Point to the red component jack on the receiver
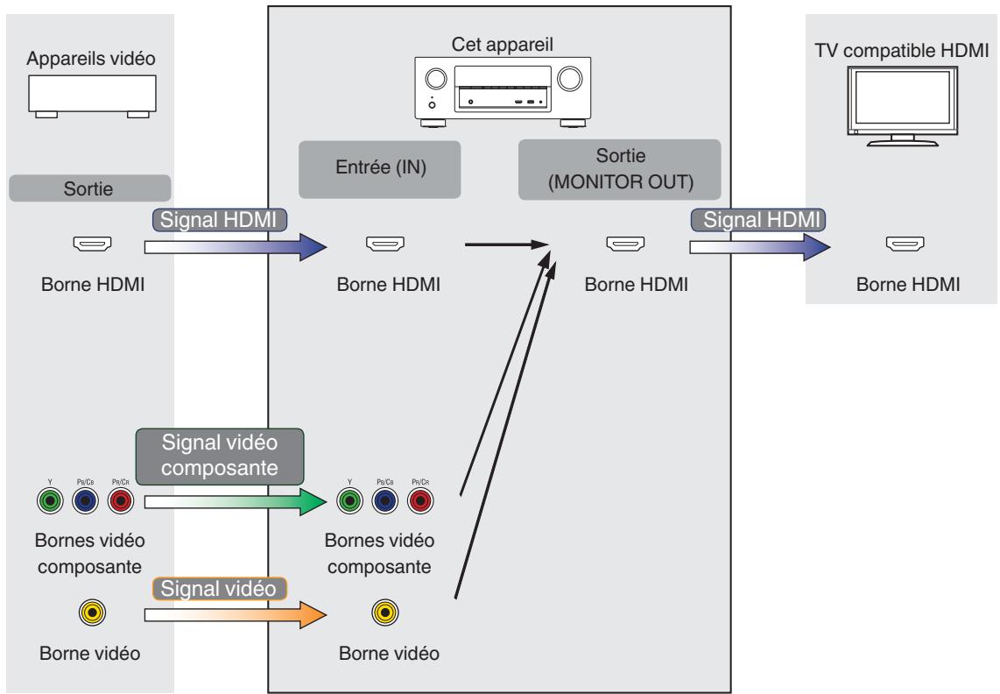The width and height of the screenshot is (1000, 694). [419, 502]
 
